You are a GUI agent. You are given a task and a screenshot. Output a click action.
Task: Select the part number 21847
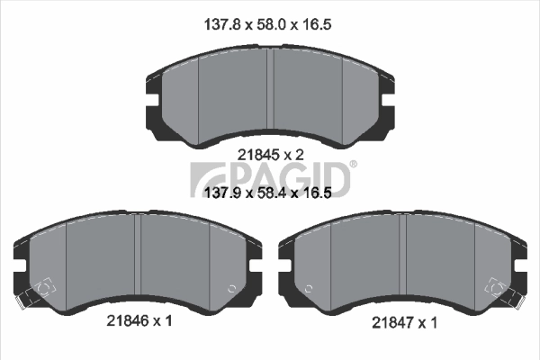394,321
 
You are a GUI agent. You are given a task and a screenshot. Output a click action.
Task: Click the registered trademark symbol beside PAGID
353,165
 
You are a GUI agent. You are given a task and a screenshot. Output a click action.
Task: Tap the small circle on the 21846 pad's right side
233,289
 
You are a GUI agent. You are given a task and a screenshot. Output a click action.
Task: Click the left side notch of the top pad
151,91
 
